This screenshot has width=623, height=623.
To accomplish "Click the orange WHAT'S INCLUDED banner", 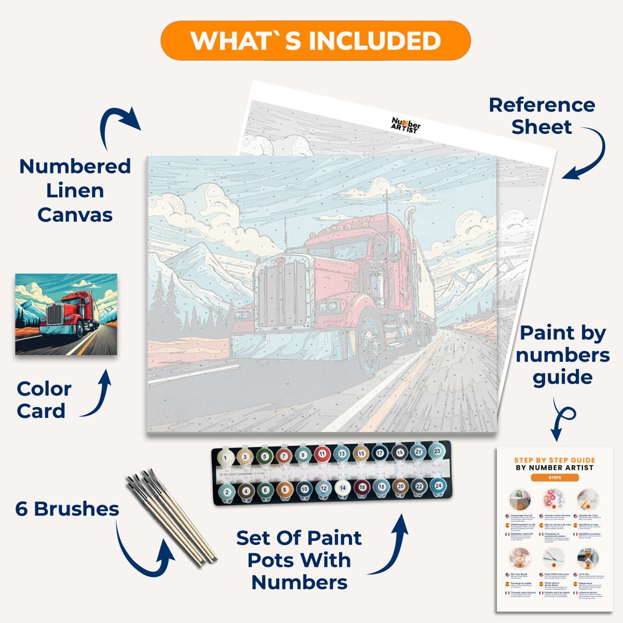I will (x=315, y=40).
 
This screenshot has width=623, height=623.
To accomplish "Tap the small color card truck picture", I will (x=66, y=314).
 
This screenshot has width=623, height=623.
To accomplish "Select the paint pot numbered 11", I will (x=322, y=454).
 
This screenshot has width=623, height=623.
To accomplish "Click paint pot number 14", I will (x=342, y=488).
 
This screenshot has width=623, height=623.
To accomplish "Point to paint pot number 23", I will (x=437, y=452).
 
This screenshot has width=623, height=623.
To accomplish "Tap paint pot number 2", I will (x=226, y=491).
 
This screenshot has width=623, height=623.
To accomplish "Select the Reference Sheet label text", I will (x=541, y=116).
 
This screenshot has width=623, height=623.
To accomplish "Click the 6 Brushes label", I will (x=67, y=509).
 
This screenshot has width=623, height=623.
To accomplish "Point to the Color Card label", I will (x=44, y=400).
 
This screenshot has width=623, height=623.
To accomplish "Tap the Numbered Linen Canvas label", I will (x=75, y=191).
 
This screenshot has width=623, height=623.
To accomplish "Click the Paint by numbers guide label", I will (x=563, y=355).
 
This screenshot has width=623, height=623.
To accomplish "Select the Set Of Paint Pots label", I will (x=300, y=560).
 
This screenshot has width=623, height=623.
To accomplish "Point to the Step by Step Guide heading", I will (x=554, y=464).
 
